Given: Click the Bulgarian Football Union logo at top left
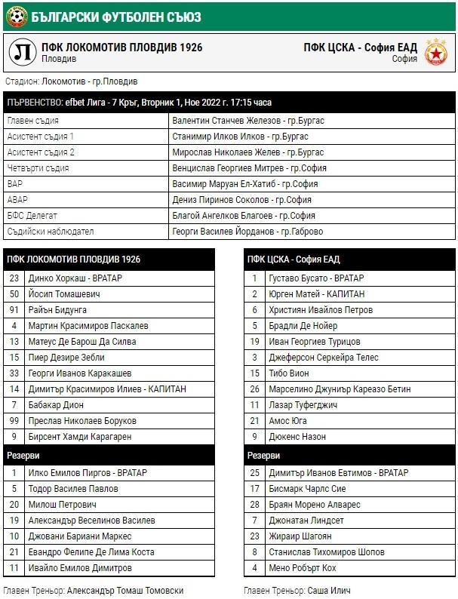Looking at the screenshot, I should coord(16,14).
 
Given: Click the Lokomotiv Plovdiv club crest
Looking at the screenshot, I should coord(23,52).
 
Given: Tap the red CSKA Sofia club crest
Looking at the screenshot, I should coord(435,52).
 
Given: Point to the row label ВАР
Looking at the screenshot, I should coord(15,184).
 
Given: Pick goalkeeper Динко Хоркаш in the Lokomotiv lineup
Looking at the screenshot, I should coord(75,278).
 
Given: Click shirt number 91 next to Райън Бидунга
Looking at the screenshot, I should coord(14,310).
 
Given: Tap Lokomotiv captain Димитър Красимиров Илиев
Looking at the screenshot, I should coord(107,389).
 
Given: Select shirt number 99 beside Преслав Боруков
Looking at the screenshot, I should coord(14,421).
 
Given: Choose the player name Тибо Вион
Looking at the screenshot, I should coord(289,373).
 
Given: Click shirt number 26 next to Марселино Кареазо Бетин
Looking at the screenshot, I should coord(255,389).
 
